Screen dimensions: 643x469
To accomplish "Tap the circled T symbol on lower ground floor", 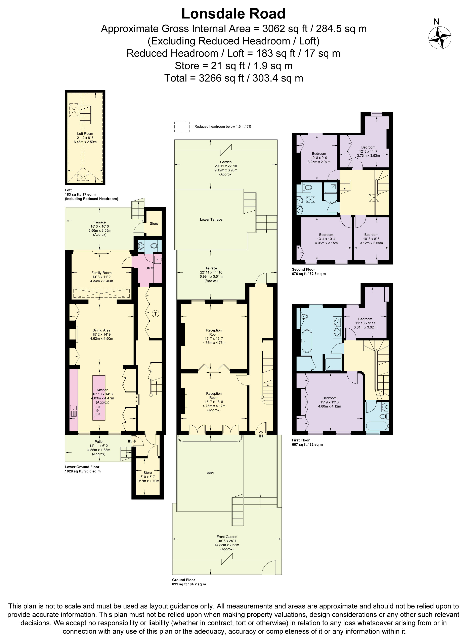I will tap(156, 314).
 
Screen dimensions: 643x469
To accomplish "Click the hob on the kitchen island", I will tap(98, 410).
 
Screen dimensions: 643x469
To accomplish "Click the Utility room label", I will tap(150, 268).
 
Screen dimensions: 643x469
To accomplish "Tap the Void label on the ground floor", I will tap(210, 473).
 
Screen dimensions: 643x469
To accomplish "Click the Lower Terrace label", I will tap(211, 220).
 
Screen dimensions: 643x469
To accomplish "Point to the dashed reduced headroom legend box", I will tap(182, 126).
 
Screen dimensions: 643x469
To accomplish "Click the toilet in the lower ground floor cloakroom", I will tap(154, 246).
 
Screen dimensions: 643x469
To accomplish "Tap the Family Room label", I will tap(101, 273).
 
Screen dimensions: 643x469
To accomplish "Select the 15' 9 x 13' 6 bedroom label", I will tap(329, 402).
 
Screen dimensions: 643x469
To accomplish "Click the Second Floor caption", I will tap(303, 269).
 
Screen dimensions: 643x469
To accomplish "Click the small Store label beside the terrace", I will tap(154, 223).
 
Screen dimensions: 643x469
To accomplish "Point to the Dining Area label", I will tap(101, 330).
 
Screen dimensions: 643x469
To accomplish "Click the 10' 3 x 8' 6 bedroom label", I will tap(371, 239).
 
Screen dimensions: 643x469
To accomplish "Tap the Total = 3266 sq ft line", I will tap(234, 78).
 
